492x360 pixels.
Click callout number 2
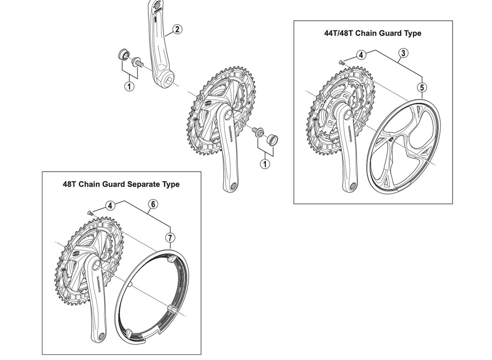(177, 29)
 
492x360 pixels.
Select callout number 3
(403, 53)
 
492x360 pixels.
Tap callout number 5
(421, 87)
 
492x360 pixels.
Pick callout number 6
(152, 204)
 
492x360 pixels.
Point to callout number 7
(170, 237)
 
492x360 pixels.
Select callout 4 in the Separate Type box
(110, 205)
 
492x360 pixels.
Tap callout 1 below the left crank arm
(129, 87)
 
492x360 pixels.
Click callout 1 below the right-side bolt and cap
(265, 163)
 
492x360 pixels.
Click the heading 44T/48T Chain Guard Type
(373, 33)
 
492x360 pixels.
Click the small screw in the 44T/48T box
(341, 62)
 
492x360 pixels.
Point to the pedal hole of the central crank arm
(232, 186)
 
